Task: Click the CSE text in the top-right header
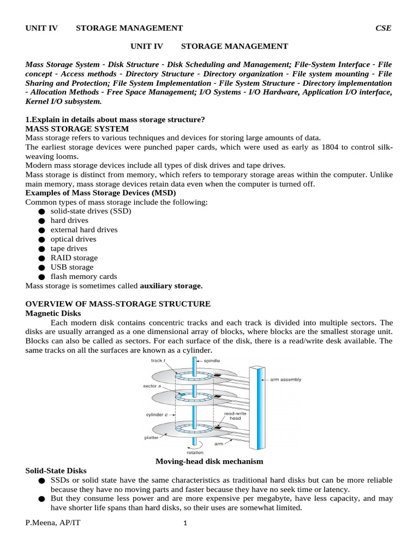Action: pos(383,28)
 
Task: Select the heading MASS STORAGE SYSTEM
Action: pos(77,129)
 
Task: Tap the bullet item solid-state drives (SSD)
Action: pos(91,211)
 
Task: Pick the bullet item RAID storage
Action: pos(74,258)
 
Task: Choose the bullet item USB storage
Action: pos(72,267)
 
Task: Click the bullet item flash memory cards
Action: pos(83,276)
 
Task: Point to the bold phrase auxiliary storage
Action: pos(171,286)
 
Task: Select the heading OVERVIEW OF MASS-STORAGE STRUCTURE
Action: pos(118,304)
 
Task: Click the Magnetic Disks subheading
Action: pos(53,313)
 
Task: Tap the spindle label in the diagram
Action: pos(212,361)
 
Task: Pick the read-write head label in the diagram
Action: pos(236,417)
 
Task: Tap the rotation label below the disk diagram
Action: pos(195,452)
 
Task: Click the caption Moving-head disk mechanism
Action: pos(209,461)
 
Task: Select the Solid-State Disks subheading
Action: pos(56,471)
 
